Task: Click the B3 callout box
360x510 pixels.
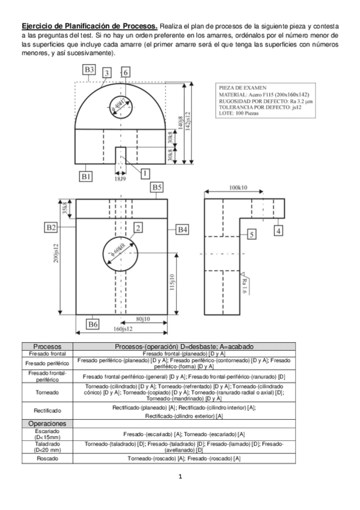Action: [89, 70]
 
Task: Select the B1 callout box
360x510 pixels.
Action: [86, 176]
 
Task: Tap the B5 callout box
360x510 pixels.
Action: [157, 188]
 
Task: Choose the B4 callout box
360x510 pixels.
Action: [183, 229]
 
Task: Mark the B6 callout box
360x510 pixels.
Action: [92, 324]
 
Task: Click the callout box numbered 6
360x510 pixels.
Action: [126, 72]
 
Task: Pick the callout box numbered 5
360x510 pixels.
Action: [251, 233]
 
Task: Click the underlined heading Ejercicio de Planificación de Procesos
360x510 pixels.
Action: [90, 26]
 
